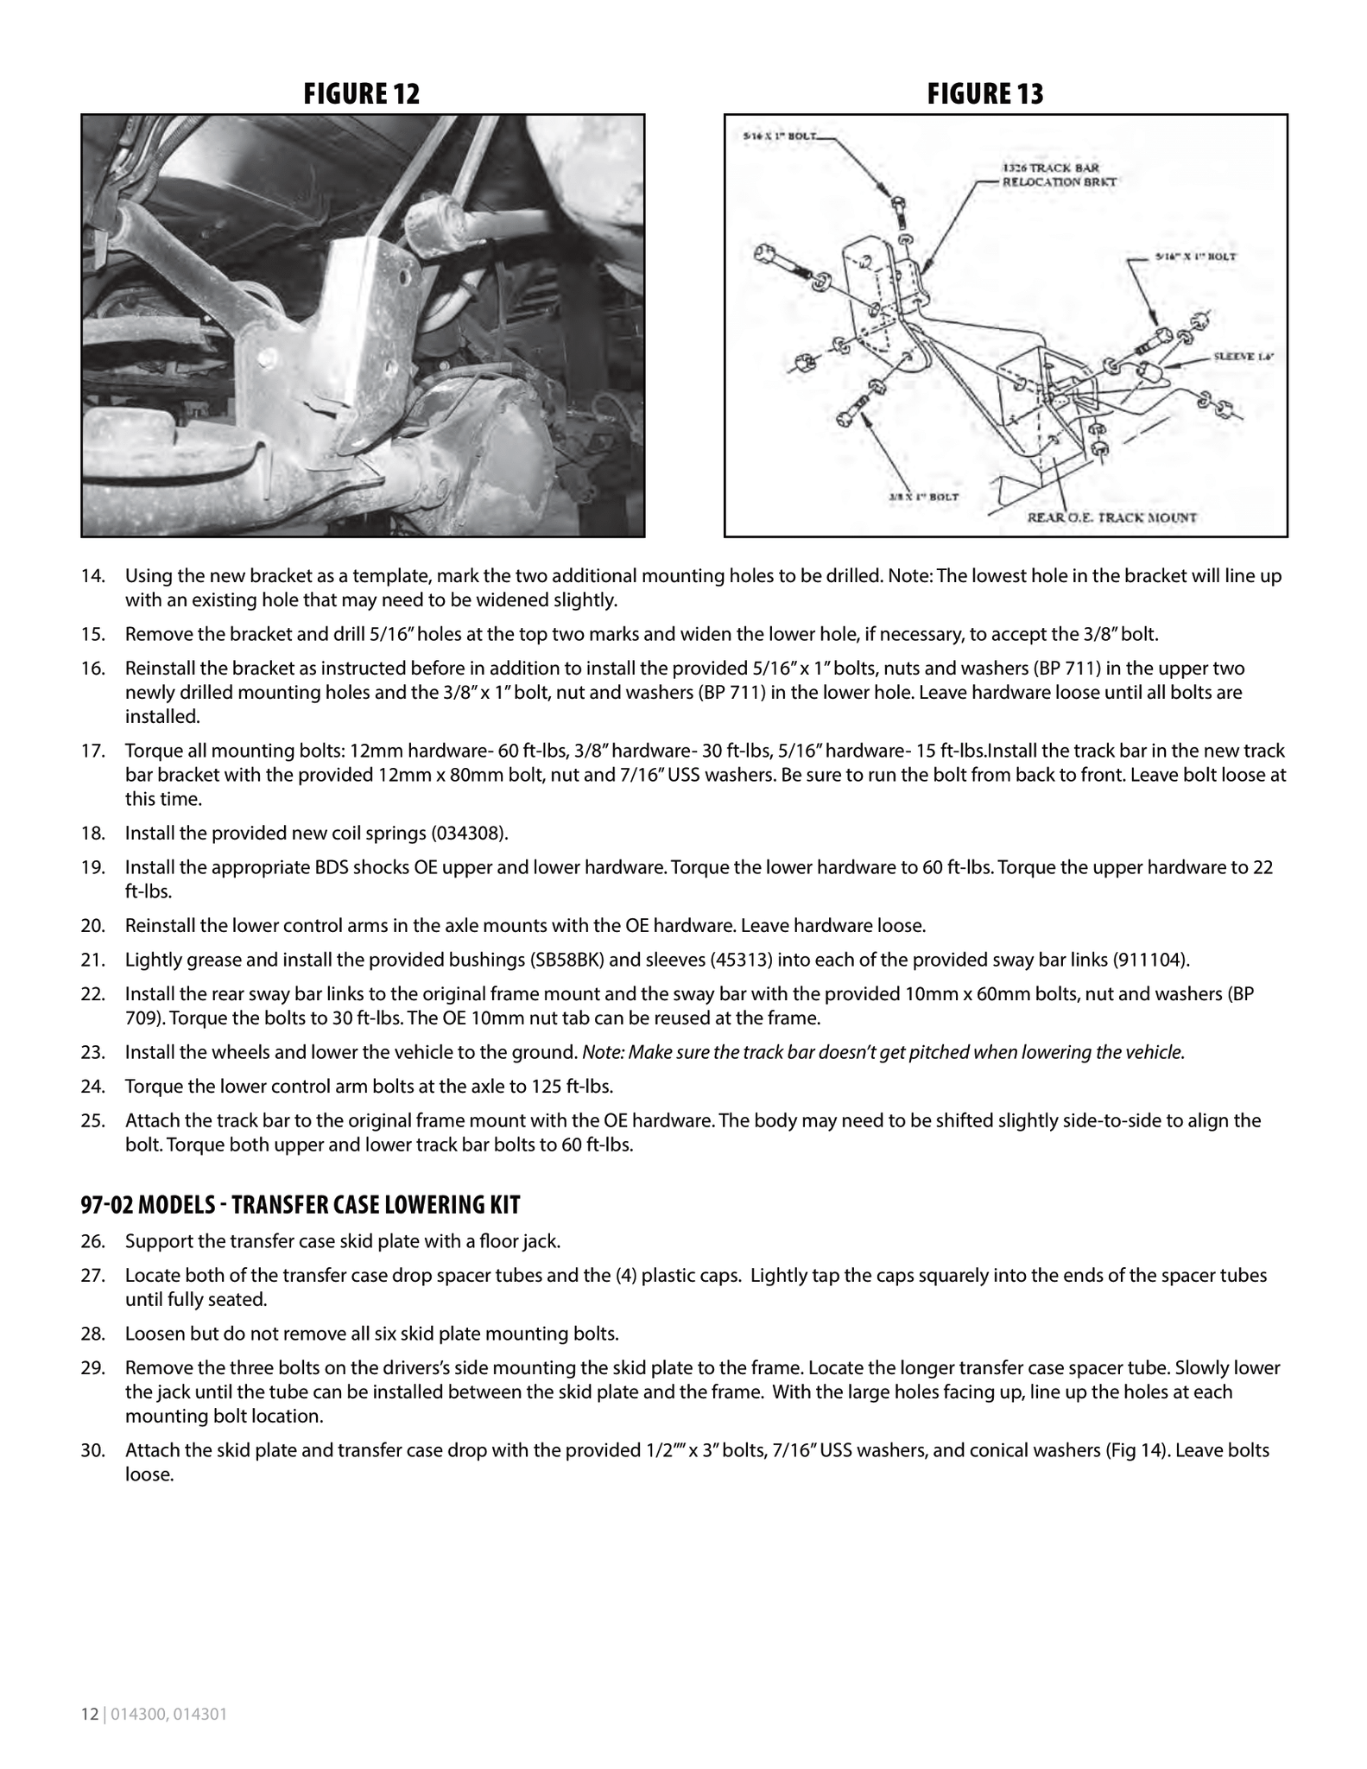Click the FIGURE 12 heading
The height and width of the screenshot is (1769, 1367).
(361, 94)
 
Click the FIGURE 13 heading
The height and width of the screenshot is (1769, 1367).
(985, 94)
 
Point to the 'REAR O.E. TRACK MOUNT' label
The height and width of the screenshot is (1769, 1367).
(1111, 517)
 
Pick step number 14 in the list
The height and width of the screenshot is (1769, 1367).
(92, 576)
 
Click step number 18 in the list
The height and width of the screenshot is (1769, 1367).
(92, 833)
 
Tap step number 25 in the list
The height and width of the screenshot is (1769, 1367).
(92, 1121)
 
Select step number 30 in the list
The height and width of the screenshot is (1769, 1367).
(92, 1450)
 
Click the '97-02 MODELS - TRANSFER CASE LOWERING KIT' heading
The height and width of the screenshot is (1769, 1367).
(301, 1204)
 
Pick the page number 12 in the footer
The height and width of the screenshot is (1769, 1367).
(89, 1715)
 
